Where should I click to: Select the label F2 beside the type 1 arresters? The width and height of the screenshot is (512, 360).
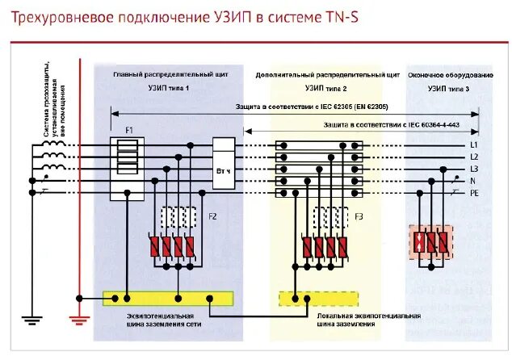213,216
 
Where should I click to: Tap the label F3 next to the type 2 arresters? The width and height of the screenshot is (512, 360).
359,216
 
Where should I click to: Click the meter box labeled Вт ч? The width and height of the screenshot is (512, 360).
224,170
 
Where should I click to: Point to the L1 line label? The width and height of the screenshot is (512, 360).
474,145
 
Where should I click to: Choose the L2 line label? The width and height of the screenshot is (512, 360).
474,157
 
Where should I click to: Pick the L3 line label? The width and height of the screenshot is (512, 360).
474,169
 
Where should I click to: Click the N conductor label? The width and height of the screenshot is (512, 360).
473,181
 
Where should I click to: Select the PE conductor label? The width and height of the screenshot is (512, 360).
474,193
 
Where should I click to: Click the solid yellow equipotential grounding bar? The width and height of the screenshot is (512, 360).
167,297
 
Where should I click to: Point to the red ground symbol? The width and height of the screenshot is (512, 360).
78,321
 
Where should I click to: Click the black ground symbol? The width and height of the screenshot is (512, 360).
32,321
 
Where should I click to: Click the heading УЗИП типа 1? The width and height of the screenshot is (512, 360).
168,86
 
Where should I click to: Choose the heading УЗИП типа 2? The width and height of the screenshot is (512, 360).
325,86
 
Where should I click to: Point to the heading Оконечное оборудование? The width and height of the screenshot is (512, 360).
449,73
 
